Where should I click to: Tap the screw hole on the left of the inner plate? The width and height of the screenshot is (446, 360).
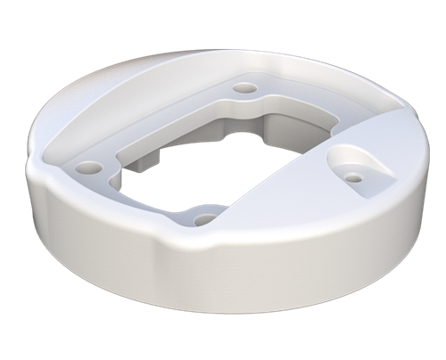pyautogui.click(x=86, y=167)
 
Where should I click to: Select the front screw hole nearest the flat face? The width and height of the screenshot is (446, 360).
pyautogui.click(x=205, y=218)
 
